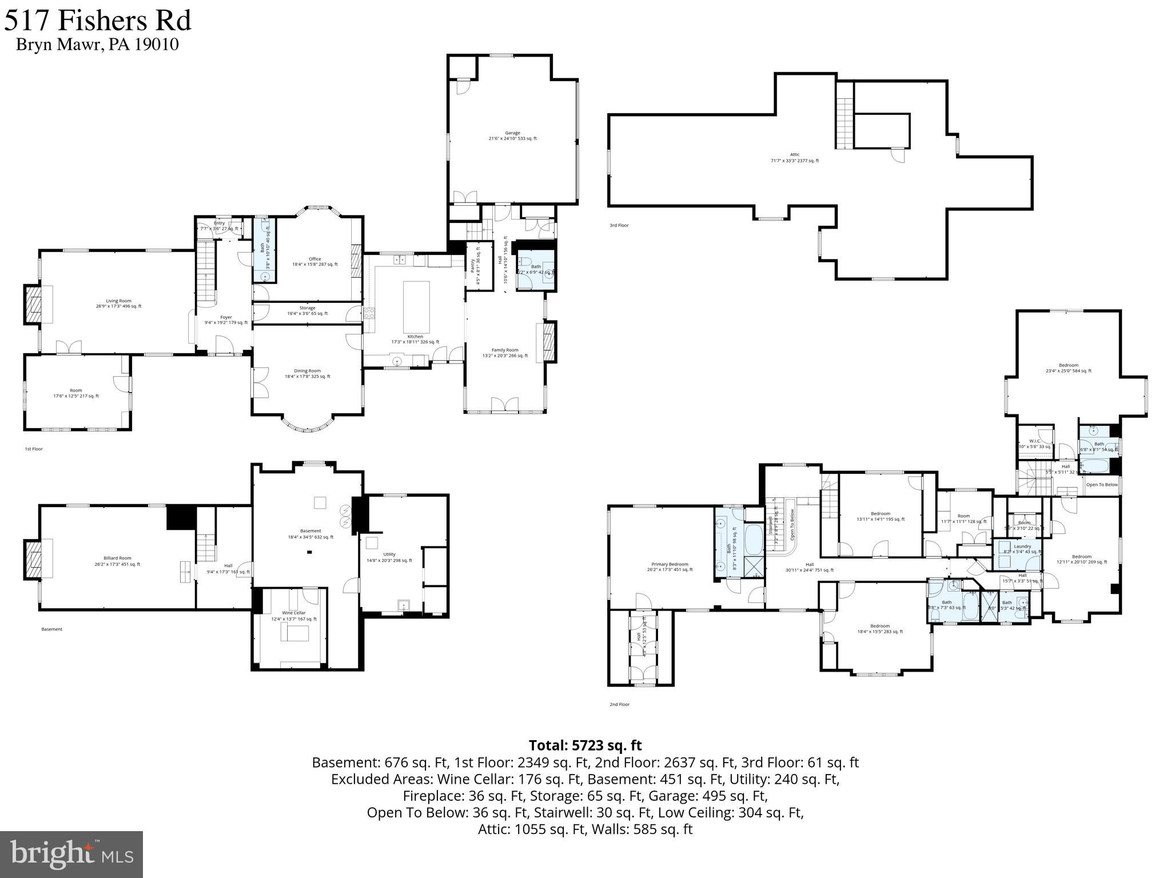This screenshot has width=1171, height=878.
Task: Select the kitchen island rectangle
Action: (x=416, y=306)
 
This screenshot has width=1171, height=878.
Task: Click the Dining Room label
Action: (x=307, y=373)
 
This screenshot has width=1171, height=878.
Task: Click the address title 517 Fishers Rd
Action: (x=98, y=21)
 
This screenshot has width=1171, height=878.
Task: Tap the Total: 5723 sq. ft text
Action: (x=585, y=745)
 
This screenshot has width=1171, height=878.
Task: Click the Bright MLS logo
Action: (x=71, y=855)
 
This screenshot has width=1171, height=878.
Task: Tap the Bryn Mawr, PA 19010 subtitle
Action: (x=97, y=45)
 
